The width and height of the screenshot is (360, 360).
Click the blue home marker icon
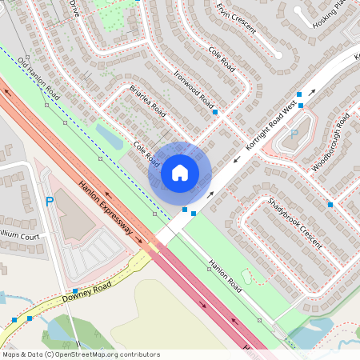(x=180, y=173)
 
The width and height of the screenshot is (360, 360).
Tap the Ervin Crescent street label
(x=236, y=18)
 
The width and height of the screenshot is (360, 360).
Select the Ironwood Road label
(x=194, y=90)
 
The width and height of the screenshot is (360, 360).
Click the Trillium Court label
(x=19, y=238)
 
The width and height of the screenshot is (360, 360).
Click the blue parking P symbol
(x=50, y=202)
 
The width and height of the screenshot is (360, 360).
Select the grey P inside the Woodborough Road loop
(x=293, y=134)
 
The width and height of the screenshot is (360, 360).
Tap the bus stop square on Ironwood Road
(x=214, y=113)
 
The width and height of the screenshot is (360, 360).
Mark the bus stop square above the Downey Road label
(x=74, y=290)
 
